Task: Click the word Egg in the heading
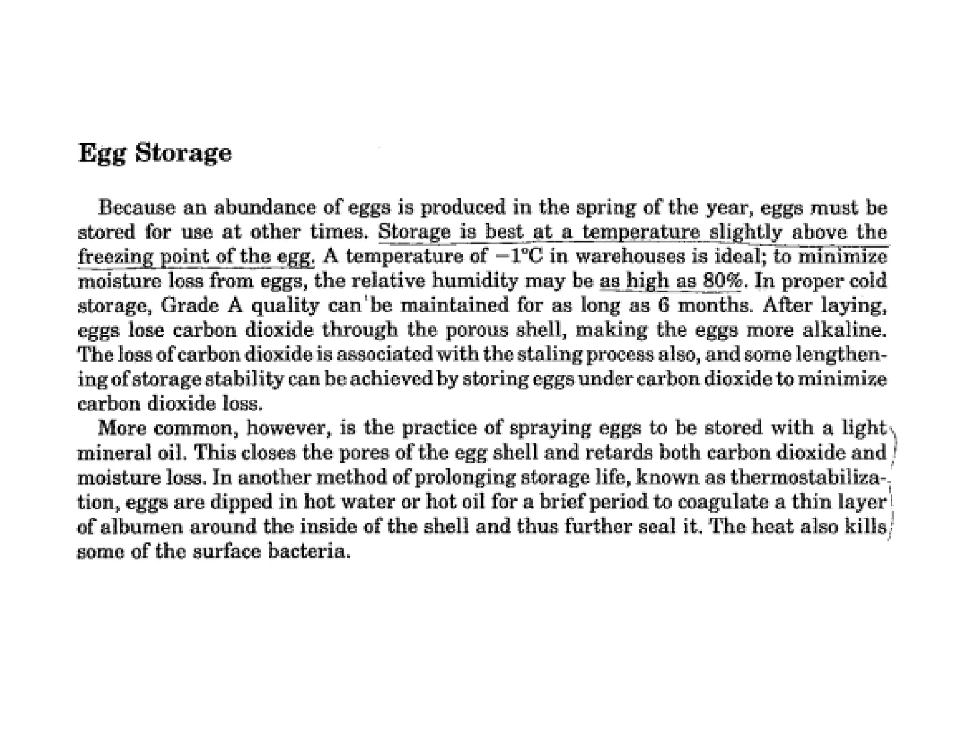101,153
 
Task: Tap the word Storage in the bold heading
183,153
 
